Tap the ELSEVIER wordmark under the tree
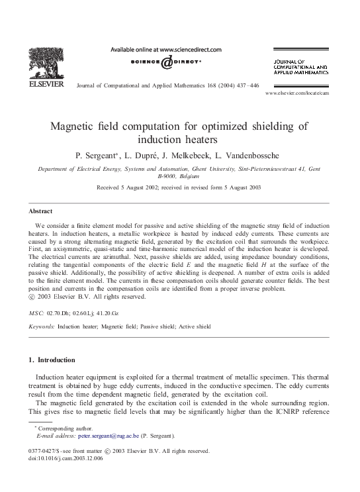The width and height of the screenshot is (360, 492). click(x=44, y=85)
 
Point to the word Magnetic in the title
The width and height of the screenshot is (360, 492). click(x=74, y=126)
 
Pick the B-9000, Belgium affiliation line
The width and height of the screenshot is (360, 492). click(x=180, y=177)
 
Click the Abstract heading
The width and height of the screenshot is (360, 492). click(x=41, y=211)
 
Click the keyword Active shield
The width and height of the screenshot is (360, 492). click(x=194, y=326)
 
